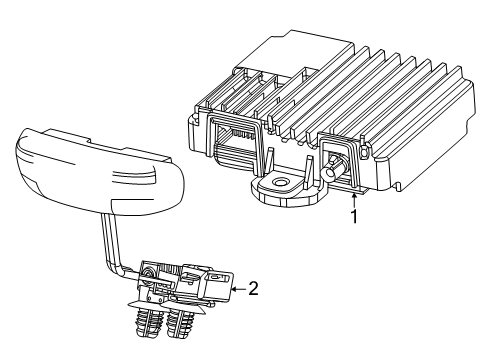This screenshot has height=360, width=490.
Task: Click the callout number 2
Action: pos(253,290)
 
